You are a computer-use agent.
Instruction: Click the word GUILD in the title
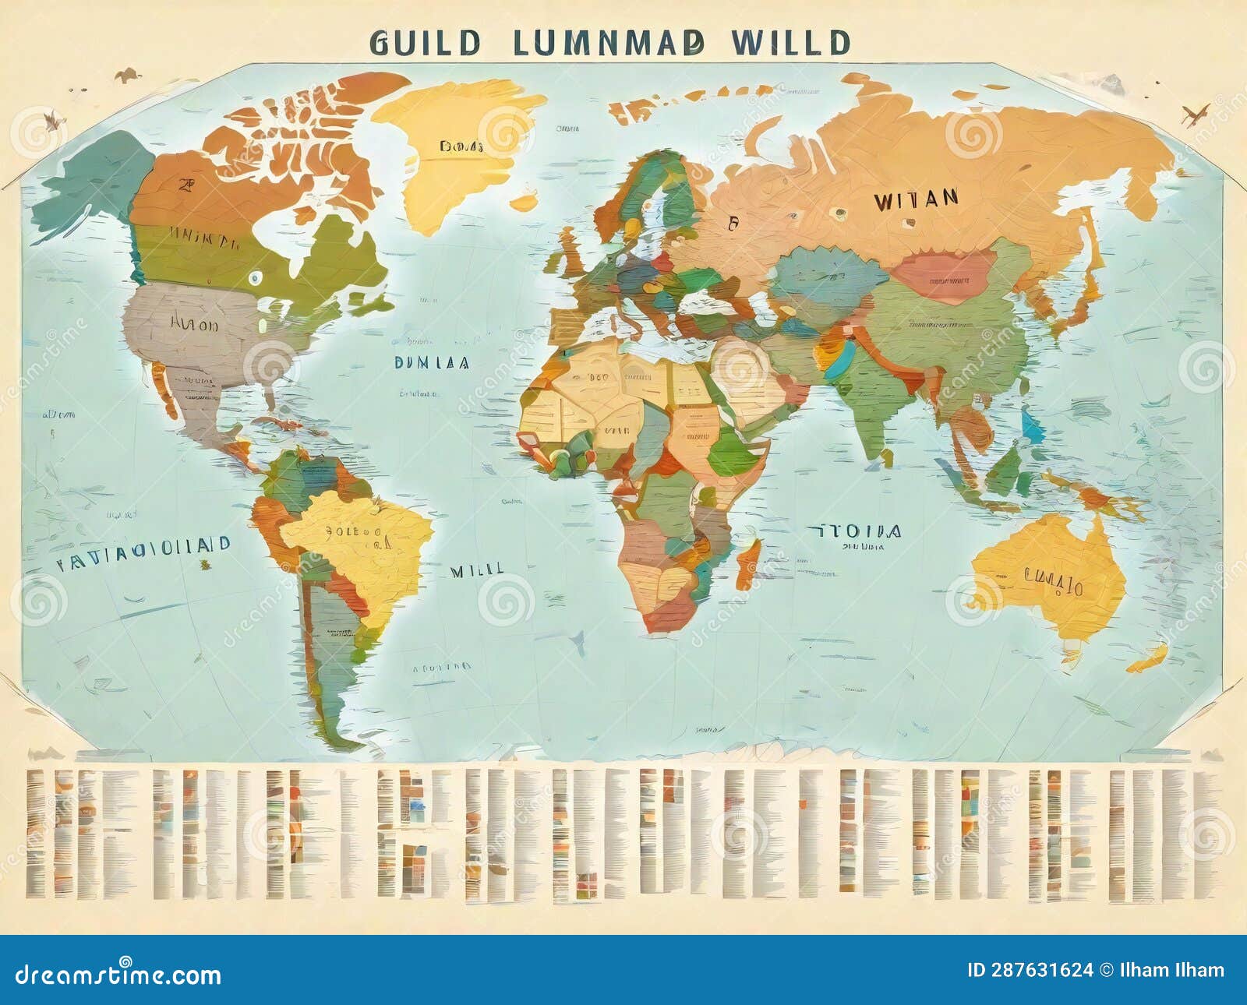click(425, 43)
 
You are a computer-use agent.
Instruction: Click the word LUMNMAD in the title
click(609, 43)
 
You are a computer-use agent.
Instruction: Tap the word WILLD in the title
click(790, 43)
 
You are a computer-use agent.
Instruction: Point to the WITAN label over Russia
click(916, 200)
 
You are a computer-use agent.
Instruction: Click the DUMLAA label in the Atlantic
click(431, 362)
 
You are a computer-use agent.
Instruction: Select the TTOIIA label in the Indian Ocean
click(856, 532)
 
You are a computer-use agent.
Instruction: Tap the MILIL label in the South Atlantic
click(476, 570)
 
